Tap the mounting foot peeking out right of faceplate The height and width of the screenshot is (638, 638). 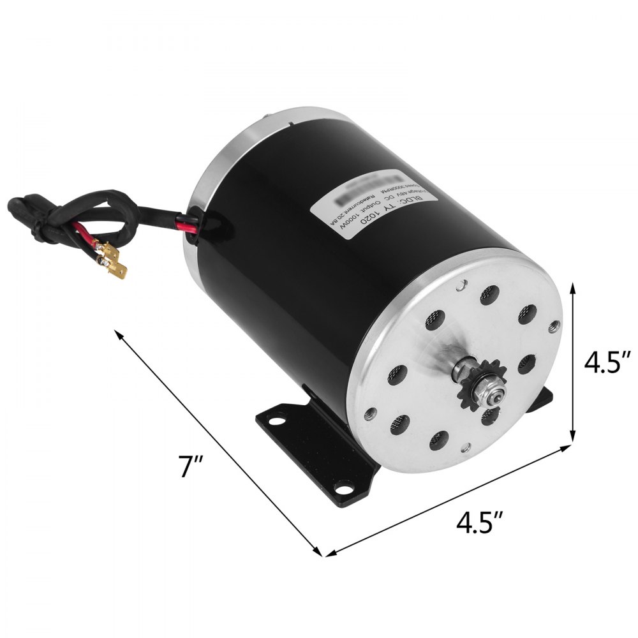pos(543,399)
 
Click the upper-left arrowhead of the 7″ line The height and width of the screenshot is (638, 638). pos(119,332)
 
